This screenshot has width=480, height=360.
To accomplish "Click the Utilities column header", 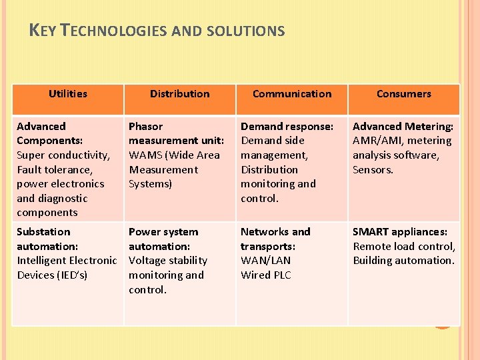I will [x=68, y=94].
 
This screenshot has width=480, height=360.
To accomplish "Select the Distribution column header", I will [x=179, y=94].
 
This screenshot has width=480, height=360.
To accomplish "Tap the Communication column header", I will [x=292, y=94].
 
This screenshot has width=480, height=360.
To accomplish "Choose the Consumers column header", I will [x=403, y=94].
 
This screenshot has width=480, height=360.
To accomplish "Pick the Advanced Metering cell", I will [x=403, y=147].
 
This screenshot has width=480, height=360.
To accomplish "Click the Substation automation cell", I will [x=66, y=253].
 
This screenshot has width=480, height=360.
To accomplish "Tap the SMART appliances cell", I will [x=403, y=246].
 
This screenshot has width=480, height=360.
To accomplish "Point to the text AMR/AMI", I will [x=379, y=141].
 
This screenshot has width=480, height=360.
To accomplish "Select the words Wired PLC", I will [x=266, y=275].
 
